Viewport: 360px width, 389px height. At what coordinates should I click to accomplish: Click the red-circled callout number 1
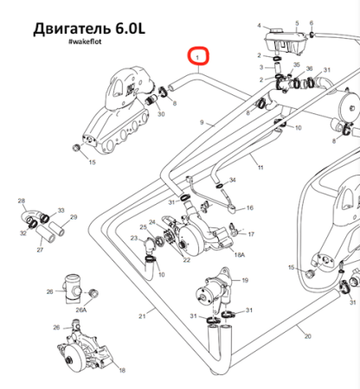197,58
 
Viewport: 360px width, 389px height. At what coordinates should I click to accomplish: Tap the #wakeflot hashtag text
85,41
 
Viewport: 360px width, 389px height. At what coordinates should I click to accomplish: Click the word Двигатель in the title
72,29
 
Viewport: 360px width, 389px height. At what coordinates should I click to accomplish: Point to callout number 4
259,26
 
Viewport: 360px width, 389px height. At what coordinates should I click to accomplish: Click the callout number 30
161,114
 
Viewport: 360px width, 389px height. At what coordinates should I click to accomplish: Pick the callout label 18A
240,255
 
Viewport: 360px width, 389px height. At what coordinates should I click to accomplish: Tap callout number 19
245,280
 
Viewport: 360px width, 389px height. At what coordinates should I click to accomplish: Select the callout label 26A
81,310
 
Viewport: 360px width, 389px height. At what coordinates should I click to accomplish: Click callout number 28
22,201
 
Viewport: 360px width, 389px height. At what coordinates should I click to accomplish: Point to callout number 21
142,316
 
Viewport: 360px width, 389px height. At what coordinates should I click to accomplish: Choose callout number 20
308,336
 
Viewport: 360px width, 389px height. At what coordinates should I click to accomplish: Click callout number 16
250,207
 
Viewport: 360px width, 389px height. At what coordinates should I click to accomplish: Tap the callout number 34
233,180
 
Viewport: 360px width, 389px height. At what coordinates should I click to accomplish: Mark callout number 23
134,238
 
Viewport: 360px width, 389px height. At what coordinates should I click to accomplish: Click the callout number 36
309,68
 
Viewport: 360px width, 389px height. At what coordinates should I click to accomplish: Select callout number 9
202,123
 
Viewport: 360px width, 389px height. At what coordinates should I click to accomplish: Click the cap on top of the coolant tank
277,30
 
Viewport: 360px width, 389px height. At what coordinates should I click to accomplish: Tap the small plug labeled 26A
93,294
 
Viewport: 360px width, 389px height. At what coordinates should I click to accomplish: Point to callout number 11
260,167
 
